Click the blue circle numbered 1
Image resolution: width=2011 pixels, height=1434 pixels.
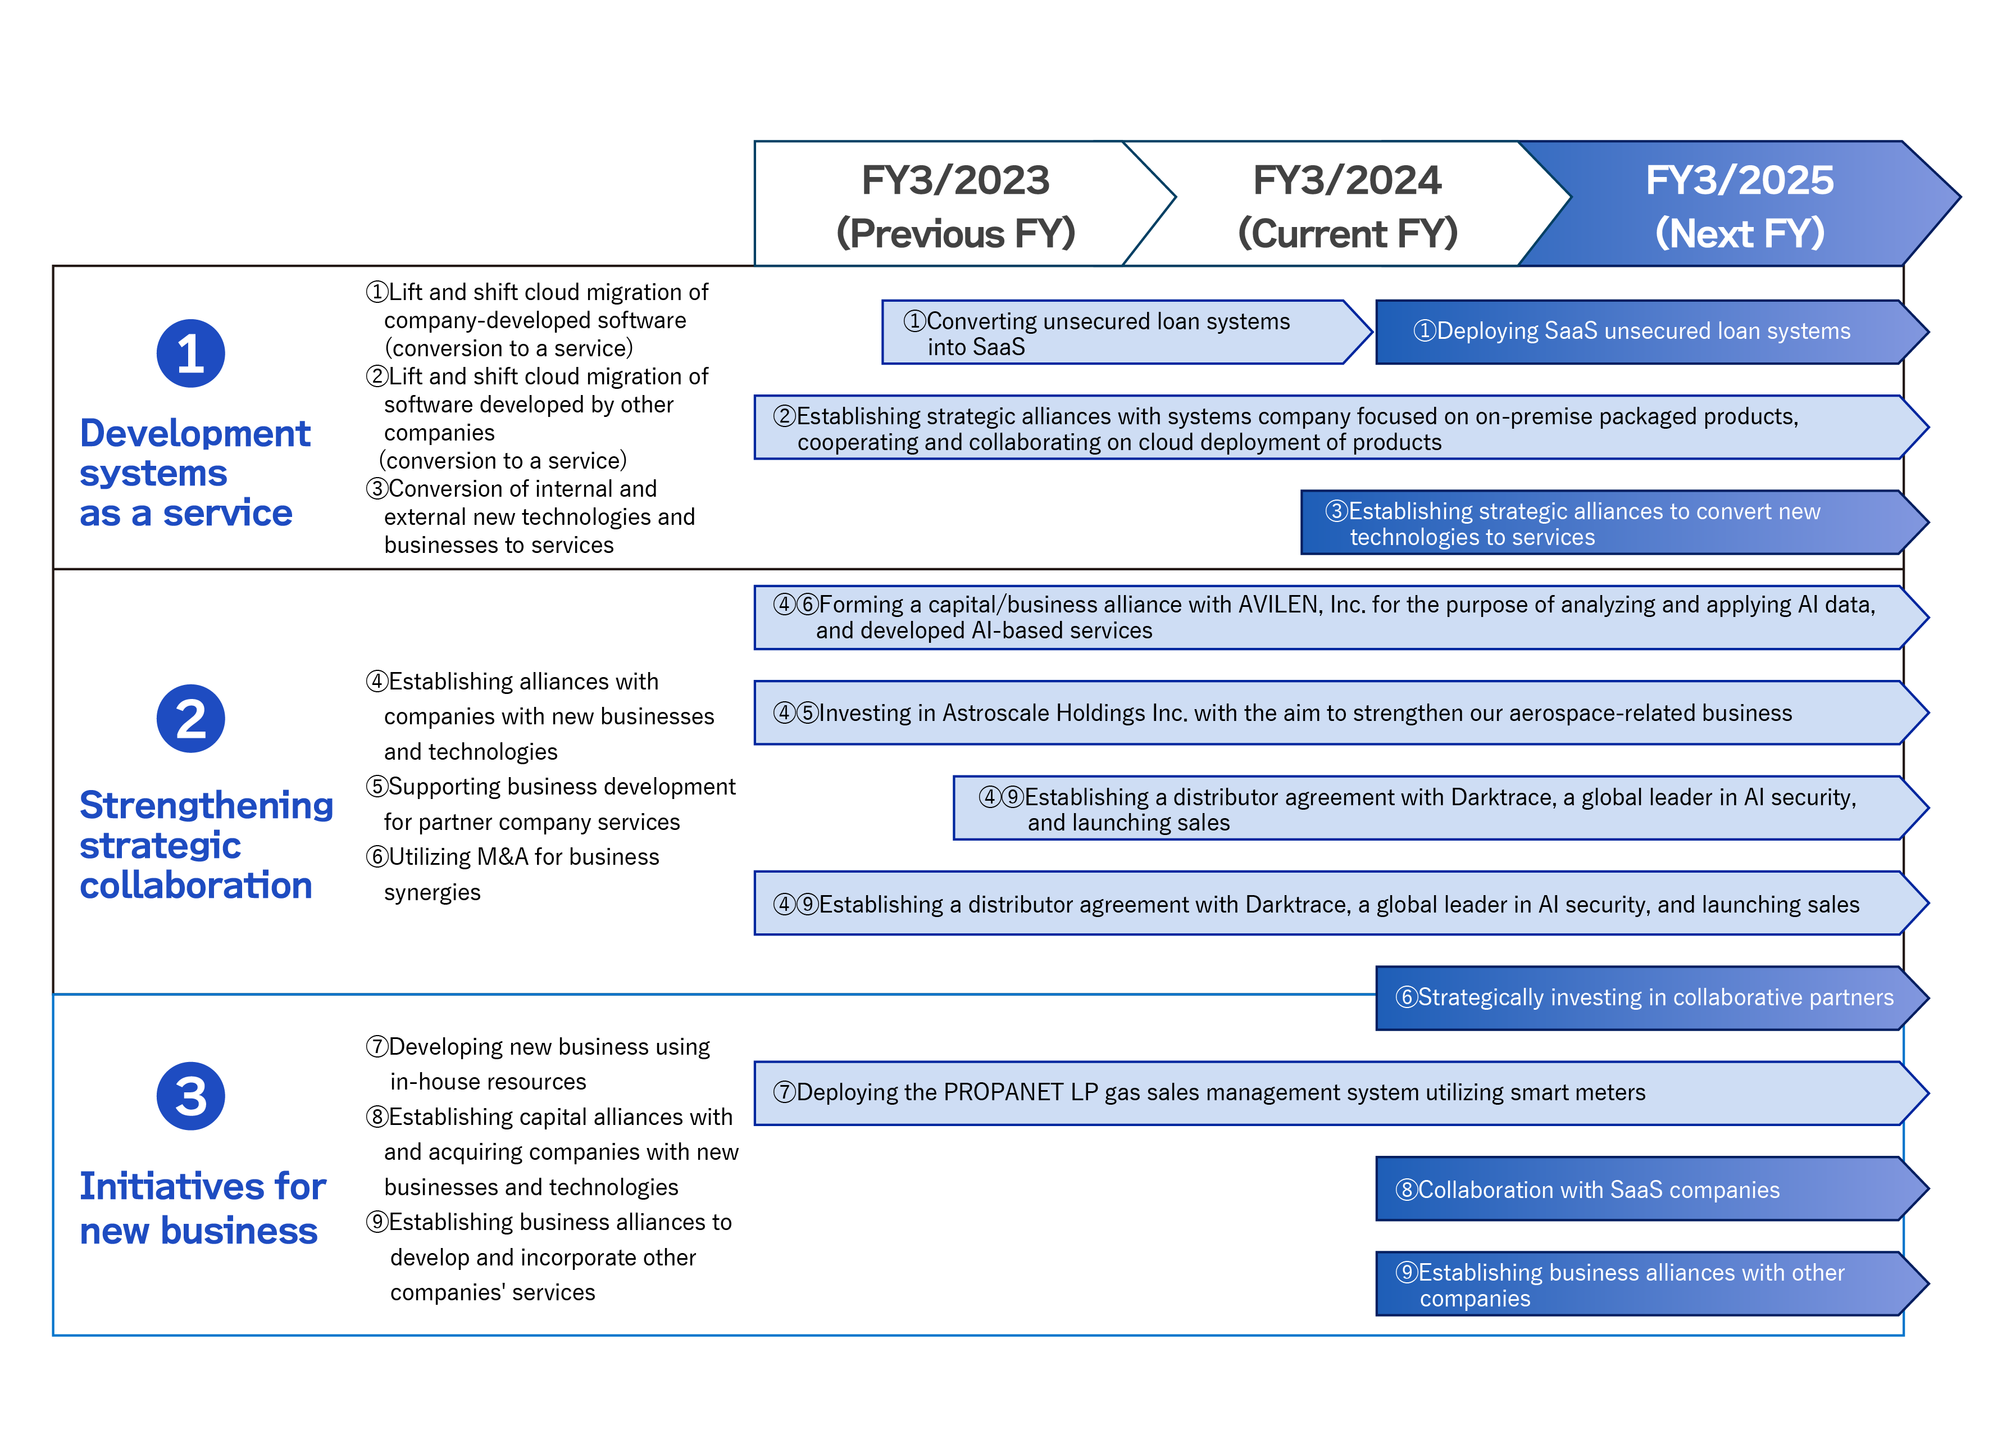tap(190, 353)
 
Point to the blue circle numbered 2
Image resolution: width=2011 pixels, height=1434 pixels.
tap(190, 719)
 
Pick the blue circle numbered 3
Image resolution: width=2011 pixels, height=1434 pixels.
tap(190, 1096)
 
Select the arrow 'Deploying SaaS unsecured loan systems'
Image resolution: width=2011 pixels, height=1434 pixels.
tap(1651, 332)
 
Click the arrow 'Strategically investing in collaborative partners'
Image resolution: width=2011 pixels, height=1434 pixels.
tap(1651, 998)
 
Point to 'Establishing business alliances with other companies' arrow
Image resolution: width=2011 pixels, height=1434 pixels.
tap(1651, 1284)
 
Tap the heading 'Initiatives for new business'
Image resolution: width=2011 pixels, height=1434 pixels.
tap(202, 1208)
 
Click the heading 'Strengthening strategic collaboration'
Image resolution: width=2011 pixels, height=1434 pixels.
tap(207, 845)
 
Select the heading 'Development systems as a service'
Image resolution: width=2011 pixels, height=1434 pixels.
tap(195, 473)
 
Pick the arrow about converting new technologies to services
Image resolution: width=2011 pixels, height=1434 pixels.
tap(1614, 523)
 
